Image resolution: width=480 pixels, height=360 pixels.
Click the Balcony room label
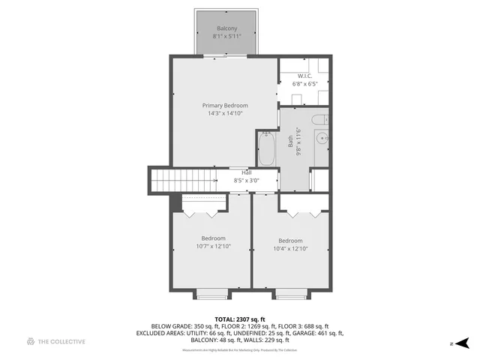coord(226,28)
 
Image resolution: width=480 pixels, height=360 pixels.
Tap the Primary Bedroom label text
coord(225,106)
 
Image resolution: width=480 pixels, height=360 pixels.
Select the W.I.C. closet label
coord(304,76)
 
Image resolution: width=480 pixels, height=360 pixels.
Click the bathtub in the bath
coord(267,148)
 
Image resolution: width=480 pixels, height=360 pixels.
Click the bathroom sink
coord(322,138)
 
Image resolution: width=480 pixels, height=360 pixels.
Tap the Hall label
coord(246,173)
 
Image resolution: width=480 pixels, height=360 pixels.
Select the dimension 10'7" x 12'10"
coord(213,246)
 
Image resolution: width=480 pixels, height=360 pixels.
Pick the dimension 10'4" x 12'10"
coord(289,248)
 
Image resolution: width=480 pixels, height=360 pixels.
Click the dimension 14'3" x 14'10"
coord(225,113)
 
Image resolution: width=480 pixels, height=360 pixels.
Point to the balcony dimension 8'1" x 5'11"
coord(226,36)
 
